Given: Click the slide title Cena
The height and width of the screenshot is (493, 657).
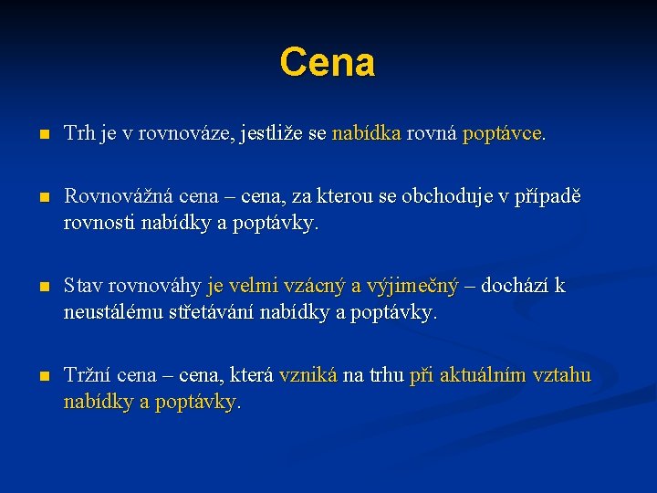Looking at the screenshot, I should point(328,62).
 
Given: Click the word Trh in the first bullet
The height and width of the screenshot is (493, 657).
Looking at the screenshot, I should point(78,133).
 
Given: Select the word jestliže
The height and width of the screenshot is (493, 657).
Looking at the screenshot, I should point(273,133).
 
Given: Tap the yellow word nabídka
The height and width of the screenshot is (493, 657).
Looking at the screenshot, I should point(366,133).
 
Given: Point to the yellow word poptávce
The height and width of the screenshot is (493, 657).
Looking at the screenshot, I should point(503,133).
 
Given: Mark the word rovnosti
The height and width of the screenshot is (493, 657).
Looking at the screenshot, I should point(99,222).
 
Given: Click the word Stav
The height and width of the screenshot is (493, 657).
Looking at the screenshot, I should point(83,287).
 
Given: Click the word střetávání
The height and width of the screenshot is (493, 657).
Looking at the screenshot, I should point(211,312).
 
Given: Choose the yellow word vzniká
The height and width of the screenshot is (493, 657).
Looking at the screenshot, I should point(308,376).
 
